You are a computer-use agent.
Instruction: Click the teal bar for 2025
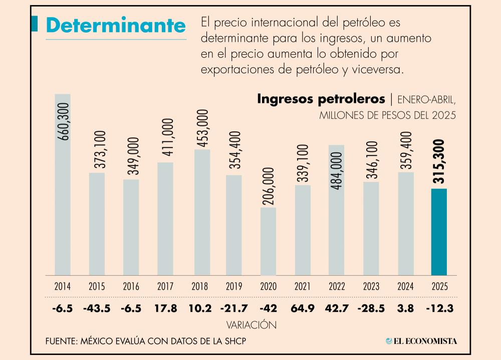[x=439, y=232]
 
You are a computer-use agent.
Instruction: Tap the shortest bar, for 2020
[x=268, y=241]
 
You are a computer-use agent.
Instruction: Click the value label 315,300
[x=439, y=162]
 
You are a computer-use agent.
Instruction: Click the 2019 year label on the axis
[x=234, y=287]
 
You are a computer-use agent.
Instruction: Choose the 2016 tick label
[x=131, y=287]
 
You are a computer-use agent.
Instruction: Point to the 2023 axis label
[x=371, y=287]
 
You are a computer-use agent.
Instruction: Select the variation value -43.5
[x=97, y=308]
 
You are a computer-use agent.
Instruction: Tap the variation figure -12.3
[x=439, y=308]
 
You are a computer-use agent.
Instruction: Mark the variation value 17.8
[x=166, y=308]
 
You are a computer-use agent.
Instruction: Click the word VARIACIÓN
[x=252, y=325]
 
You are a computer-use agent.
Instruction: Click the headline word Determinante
[x=115, y=25]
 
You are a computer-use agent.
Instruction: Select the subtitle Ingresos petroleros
[x=321, y=99]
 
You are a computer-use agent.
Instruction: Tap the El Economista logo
[x=421, y=341]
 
